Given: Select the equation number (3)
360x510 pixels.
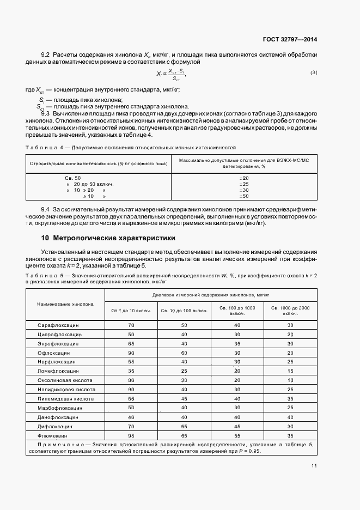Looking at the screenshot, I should (314, 72).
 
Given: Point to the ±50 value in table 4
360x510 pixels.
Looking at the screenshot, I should (244, 196).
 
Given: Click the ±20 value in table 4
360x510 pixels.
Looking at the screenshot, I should (244, 178).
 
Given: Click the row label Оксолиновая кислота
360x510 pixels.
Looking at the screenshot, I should (65, 380).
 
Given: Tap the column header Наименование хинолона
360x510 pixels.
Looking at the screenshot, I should (65, 303).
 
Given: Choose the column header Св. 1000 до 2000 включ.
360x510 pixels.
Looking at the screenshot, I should (290, 311).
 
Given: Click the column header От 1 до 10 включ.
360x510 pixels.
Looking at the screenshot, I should (131, 311).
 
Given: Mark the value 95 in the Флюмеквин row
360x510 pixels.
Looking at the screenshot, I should (131, 436).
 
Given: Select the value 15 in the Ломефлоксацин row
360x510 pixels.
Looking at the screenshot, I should (290, 371).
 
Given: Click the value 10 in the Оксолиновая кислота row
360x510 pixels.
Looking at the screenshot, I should (290, 380).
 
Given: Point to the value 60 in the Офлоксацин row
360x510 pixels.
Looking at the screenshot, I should (184, 353).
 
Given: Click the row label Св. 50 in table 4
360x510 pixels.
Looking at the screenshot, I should (72, 178).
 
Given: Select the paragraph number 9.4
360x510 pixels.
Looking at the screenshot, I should (46, 209).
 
